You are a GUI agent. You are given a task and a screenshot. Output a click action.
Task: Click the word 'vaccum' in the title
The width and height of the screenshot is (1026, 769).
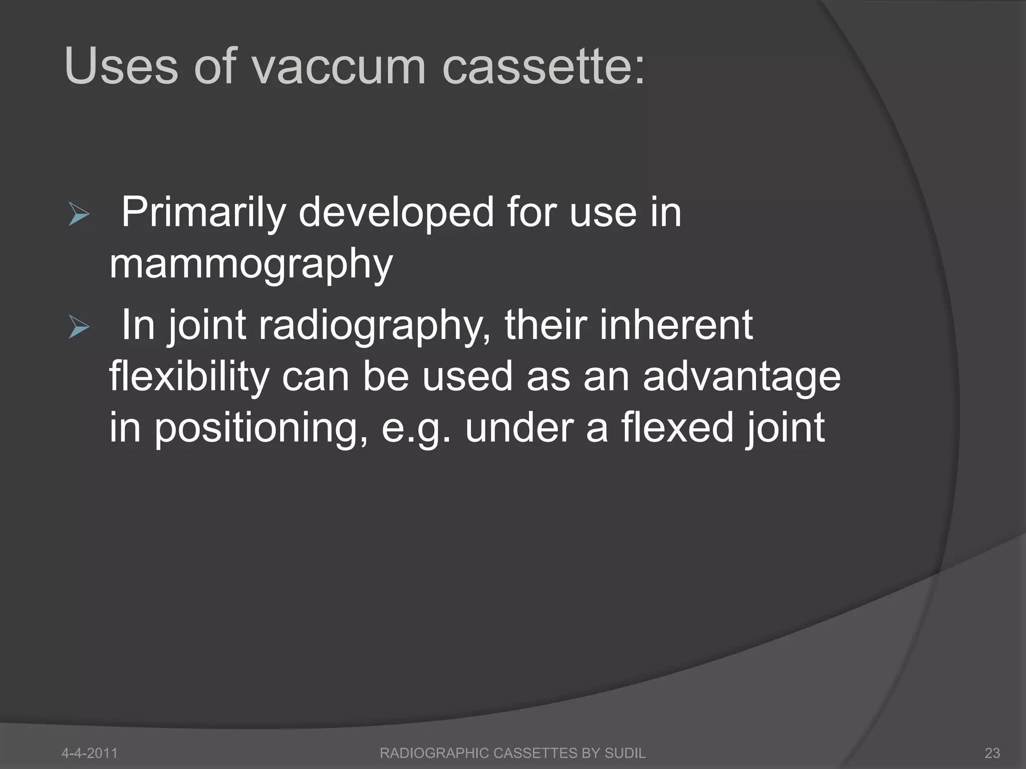[340, 67]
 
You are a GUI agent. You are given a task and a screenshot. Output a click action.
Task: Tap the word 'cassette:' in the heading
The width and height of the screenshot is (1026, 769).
[543, 67]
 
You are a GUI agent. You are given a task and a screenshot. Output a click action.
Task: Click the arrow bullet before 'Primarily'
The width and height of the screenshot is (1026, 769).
[79, 216]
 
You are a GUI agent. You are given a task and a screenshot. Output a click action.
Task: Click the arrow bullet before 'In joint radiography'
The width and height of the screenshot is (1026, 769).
[79, 328]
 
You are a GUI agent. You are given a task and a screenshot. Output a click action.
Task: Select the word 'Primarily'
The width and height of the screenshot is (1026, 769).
[203, 213]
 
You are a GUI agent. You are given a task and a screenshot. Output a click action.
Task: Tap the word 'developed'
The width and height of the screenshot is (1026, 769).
[396, 213]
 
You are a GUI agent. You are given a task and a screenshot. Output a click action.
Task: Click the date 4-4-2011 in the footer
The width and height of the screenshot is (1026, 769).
[89, 752]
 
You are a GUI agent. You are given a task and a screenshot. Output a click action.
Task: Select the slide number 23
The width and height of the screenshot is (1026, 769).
[992, 752]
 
